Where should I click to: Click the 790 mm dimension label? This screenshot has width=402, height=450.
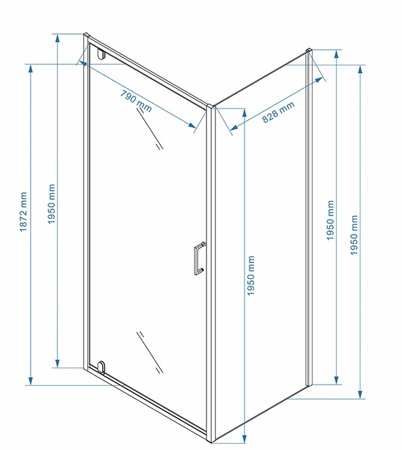click(136, 101)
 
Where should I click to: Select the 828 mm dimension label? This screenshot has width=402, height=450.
click(278, 112)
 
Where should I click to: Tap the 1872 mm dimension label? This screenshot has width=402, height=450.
click(23, 212)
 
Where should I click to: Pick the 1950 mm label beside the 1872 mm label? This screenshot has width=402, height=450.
click(51, 204)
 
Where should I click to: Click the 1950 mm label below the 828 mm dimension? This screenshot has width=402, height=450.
click(251, 276)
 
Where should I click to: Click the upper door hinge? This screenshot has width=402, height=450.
click(102, 54)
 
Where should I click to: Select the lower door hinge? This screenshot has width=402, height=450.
click(102, 367)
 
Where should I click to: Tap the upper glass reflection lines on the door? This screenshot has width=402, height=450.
click(150, 128)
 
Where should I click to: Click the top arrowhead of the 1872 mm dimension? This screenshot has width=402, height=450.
click(31, 69)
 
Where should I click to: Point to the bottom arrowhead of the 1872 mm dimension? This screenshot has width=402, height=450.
click(31, 381)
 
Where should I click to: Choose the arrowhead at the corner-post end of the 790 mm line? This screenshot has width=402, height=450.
click(192, 125)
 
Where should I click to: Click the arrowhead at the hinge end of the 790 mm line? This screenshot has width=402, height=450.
click(83, 63)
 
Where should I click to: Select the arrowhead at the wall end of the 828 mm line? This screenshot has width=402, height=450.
click(318, 80)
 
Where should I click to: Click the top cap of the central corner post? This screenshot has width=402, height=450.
click(211, 106)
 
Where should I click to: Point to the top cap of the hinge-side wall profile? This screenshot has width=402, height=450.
click(87, 35)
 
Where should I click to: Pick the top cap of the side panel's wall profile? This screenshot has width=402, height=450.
click(309, 50)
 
